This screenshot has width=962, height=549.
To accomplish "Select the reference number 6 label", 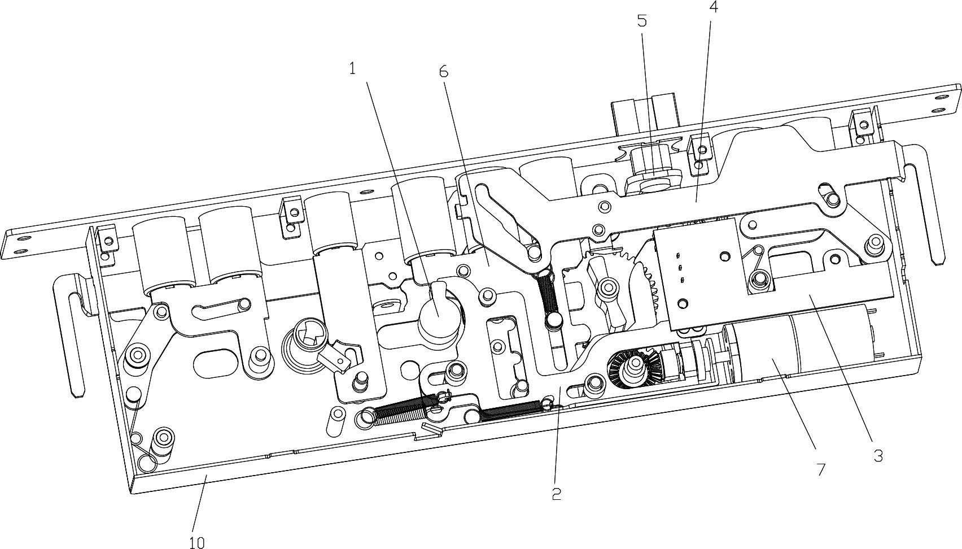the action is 444,72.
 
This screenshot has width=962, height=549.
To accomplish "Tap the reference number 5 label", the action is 642,21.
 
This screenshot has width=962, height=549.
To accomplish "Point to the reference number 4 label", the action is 714,6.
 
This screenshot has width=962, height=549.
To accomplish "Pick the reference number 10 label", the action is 196,543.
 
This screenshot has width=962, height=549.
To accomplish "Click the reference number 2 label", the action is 556,494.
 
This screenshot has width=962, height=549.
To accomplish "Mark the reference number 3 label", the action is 878,455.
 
